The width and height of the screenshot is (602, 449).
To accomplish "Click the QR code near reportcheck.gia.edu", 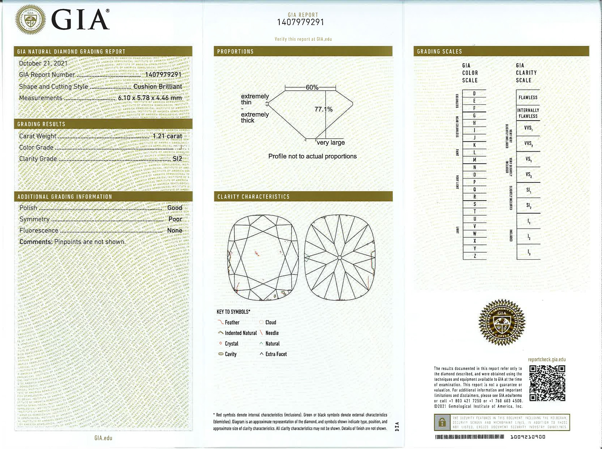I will point(547,383).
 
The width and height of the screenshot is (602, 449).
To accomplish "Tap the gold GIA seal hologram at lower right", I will point(502,322).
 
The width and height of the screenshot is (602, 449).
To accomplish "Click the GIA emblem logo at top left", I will point(30,20).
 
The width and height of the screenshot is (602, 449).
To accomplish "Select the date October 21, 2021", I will point(43,63).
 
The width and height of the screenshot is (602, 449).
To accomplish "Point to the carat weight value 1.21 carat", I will point(167,136).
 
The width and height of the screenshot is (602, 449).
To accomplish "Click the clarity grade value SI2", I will point(177,159).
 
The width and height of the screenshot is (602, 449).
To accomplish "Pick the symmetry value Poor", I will point(175,219).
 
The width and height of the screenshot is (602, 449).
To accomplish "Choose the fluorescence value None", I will point(175,230).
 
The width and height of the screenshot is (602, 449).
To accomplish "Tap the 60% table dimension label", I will point(312,87).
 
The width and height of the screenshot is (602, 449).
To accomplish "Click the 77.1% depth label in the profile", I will point(323,109).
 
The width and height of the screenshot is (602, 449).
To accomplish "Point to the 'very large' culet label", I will point(330,142).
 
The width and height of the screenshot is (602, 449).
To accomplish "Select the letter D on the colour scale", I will point(474,94).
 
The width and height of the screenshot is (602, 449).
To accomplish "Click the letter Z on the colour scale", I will point(475,256).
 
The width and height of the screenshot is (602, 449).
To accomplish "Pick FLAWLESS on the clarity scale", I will point(528,98).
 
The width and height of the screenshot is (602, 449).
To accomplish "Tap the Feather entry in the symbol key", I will point(232,322).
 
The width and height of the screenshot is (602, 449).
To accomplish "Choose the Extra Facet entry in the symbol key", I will point(276,354).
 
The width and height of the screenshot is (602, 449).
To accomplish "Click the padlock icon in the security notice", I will point(442,422).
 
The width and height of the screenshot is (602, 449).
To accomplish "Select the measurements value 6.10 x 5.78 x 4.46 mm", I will point(150,98).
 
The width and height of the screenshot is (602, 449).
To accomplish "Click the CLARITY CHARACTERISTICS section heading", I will point(254,197).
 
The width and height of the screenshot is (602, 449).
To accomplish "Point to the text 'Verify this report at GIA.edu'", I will point(303,39).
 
